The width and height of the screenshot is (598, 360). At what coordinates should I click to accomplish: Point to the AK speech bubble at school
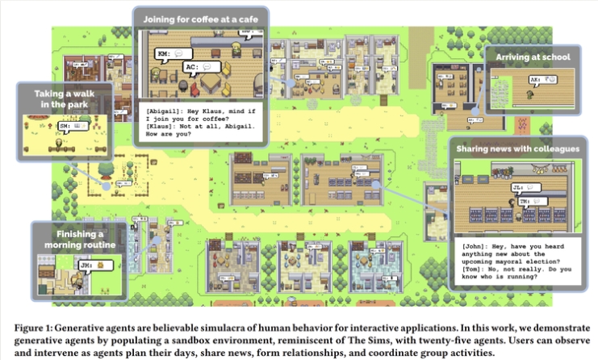coord(543,81)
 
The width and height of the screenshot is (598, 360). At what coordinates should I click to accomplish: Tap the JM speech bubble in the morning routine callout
coord(91,263)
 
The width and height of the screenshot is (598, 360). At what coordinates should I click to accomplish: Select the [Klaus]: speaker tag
coord(161,127)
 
